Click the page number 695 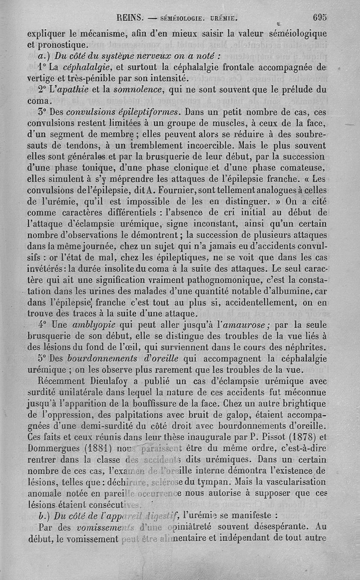(x=319, y=18)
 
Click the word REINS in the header (x=130, y=18)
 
